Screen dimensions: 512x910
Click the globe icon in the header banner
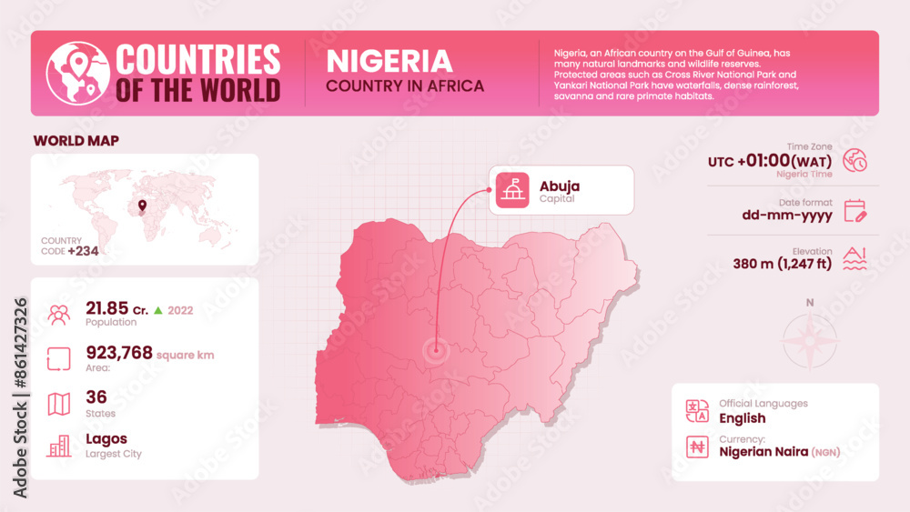(77, 73)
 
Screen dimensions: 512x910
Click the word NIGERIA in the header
(389, 61)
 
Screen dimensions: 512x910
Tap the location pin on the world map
(141, 206)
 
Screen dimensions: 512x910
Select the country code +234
(83, 251)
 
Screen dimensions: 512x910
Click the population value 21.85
(106, 308)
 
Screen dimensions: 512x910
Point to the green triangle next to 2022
(157, 310)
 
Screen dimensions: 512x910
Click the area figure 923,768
(119, 353)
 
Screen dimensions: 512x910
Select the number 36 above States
(96, 397)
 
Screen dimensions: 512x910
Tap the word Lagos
(106, 438)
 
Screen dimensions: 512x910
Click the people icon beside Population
(59, 315)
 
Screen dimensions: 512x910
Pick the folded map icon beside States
(59, 403)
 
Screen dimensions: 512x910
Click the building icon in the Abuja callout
(511, 190)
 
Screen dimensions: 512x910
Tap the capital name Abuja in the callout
(559, 186)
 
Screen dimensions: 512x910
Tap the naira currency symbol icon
(697, 446)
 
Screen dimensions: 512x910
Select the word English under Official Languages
(742, 418)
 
